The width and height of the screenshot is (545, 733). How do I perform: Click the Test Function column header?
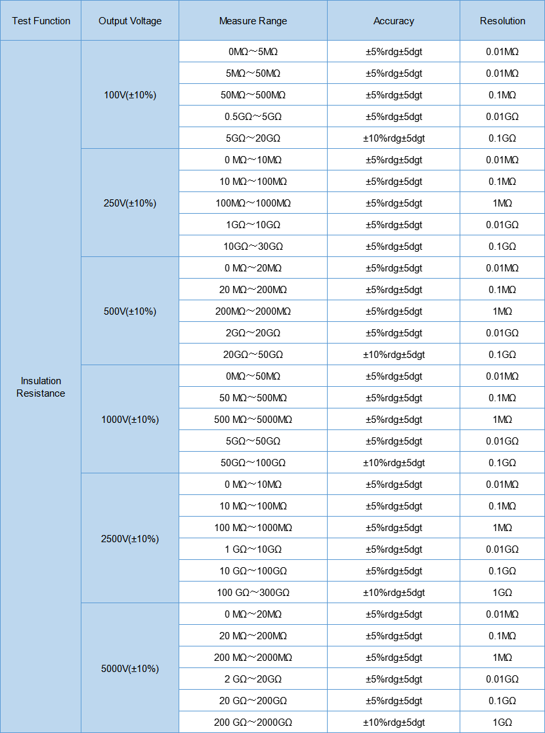point(41,21)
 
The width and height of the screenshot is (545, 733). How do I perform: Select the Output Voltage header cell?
point(130,21)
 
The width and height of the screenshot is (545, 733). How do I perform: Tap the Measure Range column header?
point(253,21)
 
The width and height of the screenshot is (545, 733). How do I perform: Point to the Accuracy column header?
point(393,21)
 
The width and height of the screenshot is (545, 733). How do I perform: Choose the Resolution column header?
point(502,21)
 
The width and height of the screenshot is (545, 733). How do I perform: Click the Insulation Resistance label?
point(41,387)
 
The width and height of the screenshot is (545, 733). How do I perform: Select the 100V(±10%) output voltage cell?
point(130,95)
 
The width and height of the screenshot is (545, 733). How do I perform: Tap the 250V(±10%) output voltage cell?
point(130,203)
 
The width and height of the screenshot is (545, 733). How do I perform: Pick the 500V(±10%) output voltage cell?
point(130,311)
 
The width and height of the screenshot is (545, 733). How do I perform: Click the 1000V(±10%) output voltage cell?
point(130,420)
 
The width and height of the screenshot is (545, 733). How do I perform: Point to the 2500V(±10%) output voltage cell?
point(130,539)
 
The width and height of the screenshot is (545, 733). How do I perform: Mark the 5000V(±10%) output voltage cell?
point(130,669)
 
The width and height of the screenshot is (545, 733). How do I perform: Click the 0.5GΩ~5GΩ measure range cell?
point(253,117)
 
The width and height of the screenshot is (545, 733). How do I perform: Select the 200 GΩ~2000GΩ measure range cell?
point(253,723)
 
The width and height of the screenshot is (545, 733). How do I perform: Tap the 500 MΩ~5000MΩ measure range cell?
point(253,420)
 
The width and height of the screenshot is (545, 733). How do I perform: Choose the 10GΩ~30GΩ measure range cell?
point(253,247)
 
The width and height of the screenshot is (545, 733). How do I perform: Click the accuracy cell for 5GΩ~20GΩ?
point(393,138)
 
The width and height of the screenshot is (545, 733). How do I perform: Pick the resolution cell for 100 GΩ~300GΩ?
point(502,593)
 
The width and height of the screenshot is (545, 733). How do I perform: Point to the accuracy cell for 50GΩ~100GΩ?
point(393,463)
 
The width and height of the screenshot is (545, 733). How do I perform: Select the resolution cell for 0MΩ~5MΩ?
point(502,52)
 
